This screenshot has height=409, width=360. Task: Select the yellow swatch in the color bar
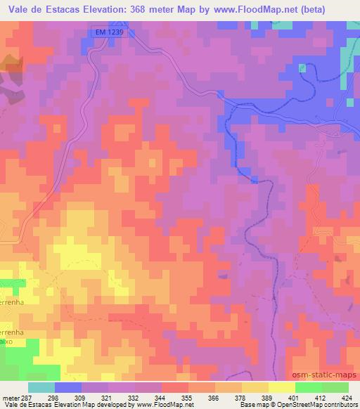coord(282,388)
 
